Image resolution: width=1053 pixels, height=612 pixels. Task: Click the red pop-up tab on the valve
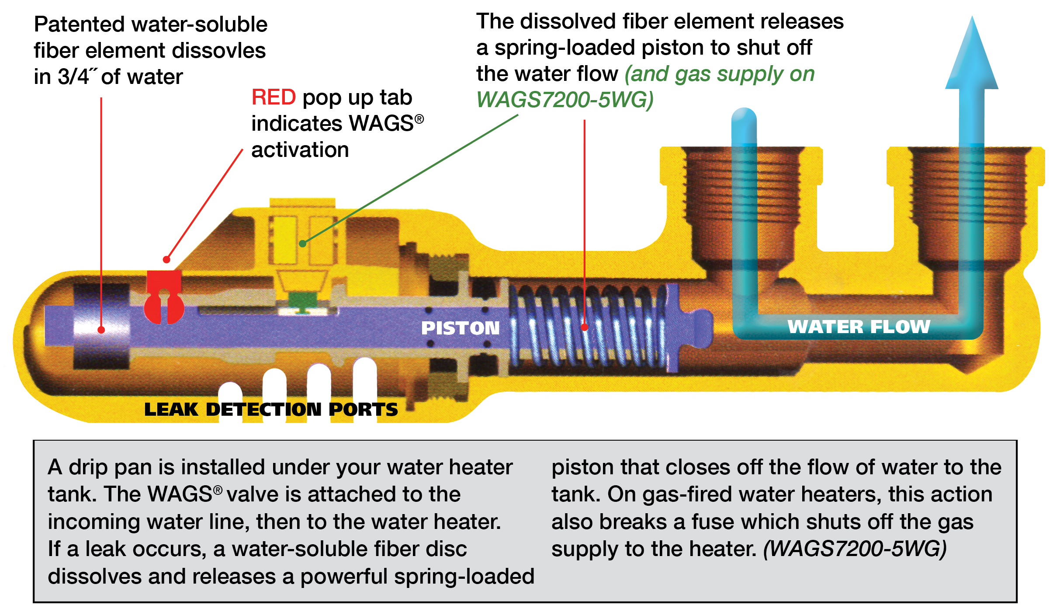[x=164, y=297]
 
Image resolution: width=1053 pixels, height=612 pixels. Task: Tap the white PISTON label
[x=460, y=328]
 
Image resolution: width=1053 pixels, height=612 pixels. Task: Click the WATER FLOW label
[x=859, y=327]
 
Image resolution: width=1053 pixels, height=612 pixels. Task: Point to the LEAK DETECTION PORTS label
[x=271, y=410]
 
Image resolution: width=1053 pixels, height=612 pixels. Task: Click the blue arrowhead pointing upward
[x=972, y=57]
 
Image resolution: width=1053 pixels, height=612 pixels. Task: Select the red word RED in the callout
[x=274, y=97]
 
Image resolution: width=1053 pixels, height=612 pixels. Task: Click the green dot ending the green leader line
[x=302, y=243]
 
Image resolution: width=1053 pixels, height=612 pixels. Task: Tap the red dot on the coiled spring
[x=585, y=327]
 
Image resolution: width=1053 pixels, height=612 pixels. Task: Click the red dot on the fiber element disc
[x=101, y=330]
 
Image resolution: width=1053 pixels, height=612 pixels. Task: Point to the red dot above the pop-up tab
[x=166, y=260]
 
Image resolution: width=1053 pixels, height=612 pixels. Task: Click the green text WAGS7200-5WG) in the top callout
[x=565, y=100]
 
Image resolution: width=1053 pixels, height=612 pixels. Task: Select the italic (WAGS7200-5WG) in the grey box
[x=855, y=549]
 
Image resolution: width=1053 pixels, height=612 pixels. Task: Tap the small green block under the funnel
[x=303, y=301]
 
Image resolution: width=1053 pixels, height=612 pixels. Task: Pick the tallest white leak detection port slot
[x=364, y=376]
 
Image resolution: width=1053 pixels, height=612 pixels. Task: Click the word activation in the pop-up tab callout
[x=300, y=150]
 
